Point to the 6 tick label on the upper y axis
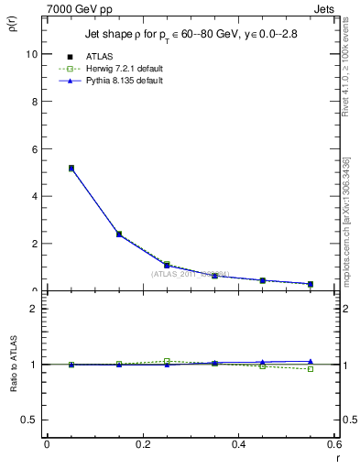pyautogui.click(x=34, y=149)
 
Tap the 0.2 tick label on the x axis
pyautogui.click(x=142, y=444)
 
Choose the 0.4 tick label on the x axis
pyautogui.click(x=238, y=444)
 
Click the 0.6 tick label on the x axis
pyautogui.click(x=333, y=444)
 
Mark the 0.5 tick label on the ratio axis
pyautogui.click(x=29, y=420)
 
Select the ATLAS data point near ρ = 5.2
pyautogui.click(x=71, y=168)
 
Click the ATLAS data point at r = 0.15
pyautogui.click(x=119, y=234)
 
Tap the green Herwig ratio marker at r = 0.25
pyautogui.click(x=167, y=361)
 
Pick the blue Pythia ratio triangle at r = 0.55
pyautogui.click(x=311, y=362)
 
